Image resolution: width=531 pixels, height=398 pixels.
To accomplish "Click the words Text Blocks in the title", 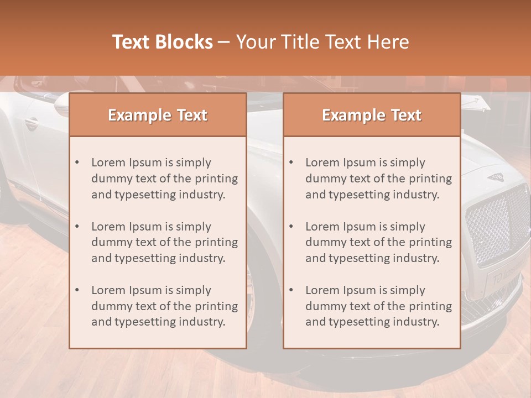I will coord(163,42).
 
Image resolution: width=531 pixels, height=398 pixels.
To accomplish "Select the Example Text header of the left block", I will coord(158,115).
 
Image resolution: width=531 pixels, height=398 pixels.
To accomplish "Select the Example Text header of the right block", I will coord(372,115).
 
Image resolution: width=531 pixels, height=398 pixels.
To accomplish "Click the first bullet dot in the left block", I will coord(77,163).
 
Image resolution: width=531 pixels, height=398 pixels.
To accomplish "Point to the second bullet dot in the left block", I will coord(77,227).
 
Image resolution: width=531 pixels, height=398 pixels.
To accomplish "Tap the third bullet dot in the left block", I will coord(77,290).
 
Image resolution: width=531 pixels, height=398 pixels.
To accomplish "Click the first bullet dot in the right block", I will coord(291,163).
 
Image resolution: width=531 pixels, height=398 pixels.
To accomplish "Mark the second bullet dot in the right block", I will coord(291,227).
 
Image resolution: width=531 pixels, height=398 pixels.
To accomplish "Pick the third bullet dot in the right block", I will coord(291,290).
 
